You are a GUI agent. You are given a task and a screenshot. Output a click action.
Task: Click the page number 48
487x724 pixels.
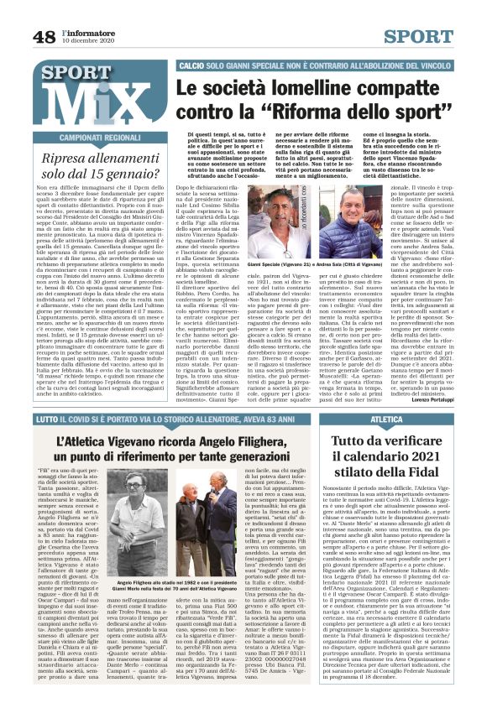click(x=44, y=36)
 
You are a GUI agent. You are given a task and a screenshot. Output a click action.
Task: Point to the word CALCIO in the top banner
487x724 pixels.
click(x=192, y=65)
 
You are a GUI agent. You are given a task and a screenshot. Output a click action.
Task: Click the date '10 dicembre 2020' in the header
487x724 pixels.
click(x=87, y=41)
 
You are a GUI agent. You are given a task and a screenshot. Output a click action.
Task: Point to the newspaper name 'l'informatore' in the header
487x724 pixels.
click(x=87, y=32)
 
